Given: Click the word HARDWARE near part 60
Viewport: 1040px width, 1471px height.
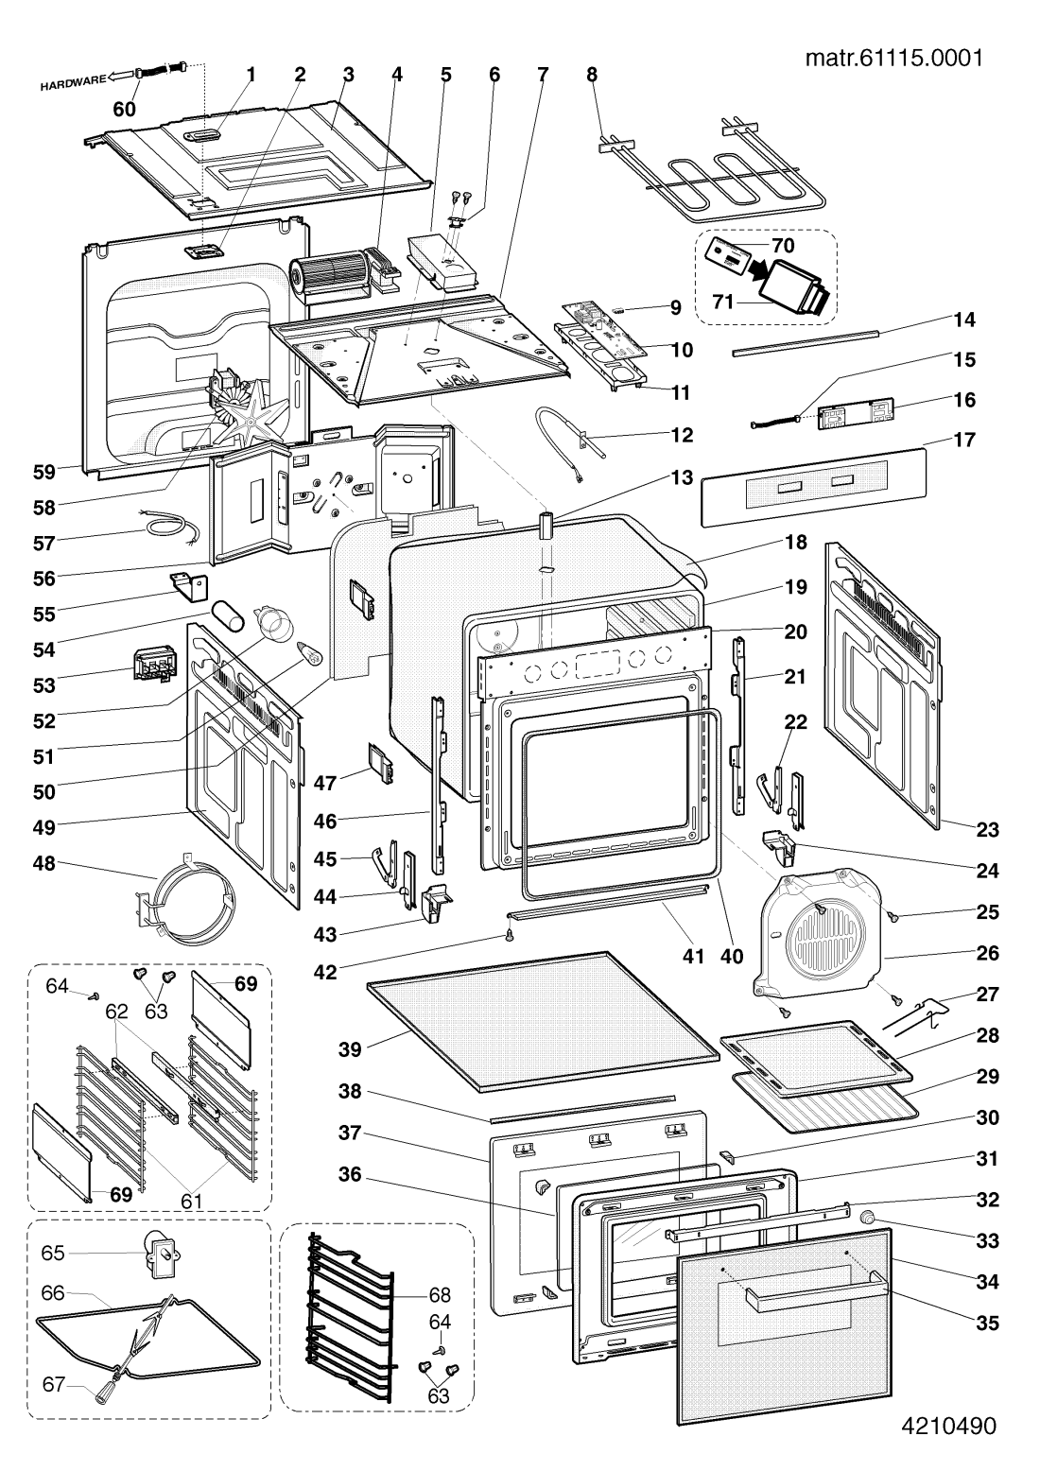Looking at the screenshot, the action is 73,82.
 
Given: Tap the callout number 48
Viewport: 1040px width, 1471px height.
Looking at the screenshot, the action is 44,863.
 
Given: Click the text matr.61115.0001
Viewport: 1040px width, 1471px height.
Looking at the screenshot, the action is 894,58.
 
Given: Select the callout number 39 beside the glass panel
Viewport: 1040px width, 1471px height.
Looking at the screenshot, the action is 350,1049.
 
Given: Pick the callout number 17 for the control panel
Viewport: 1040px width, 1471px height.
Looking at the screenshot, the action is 963,440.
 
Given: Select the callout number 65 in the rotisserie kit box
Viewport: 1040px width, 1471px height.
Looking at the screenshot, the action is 53,1254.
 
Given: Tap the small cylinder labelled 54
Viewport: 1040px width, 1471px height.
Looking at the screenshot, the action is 227,613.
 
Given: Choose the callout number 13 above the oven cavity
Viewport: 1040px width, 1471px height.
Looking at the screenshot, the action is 682,478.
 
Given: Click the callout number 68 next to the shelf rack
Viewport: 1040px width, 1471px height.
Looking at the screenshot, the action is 440,1294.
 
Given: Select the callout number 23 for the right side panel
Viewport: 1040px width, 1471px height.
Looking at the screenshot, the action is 987,829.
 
